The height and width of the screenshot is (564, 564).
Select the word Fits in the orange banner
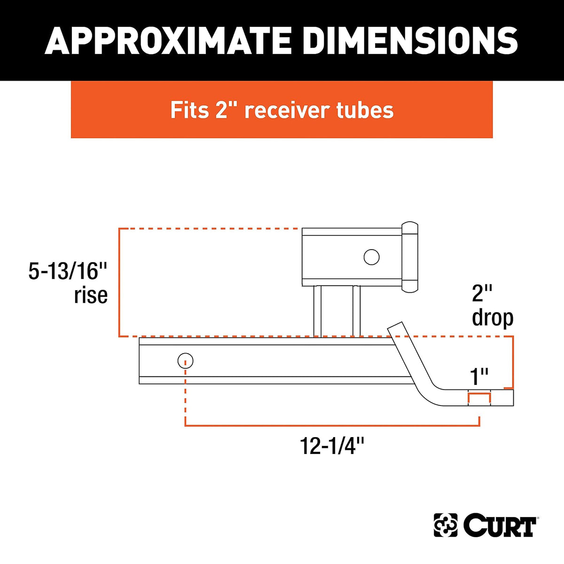tap(189, 110)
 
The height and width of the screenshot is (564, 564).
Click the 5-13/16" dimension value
tap(67, 271)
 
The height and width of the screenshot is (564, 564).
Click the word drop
tap(493, 319)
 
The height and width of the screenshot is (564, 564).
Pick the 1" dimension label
tap(479, 376)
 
